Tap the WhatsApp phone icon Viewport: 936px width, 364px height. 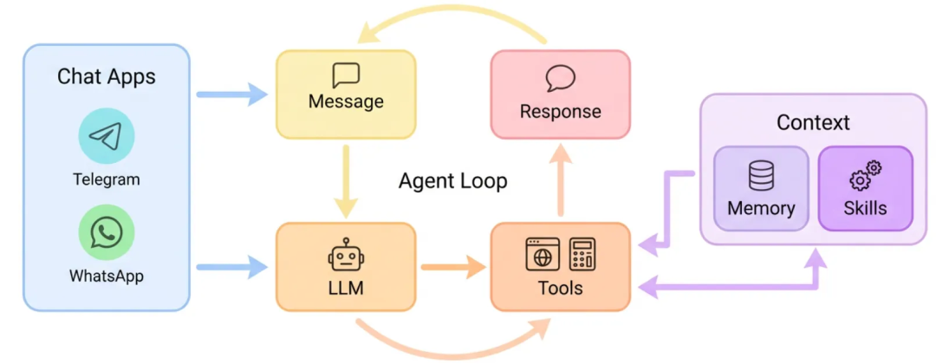107,232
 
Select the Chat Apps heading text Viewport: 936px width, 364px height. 107,76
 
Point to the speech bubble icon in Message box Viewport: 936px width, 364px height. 346,75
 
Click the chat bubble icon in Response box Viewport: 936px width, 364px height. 560,79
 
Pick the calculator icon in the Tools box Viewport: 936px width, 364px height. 582,254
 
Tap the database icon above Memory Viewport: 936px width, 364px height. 761,177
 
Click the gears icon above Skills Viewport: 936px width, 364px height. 865,176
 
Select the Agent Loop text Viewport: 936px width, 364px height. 452,181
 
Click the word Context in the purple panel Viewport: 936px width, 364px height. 813,122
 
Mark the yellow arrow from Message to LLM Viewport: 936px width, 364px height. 346,180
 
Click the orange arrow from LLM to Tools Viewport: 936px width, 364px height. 452,267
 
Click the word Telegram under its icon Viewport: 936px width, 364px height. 107,180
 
